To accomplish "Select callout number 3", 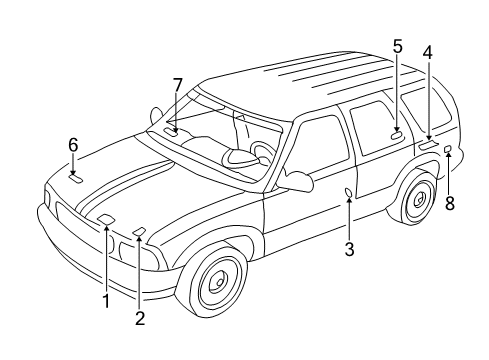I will point(349,250).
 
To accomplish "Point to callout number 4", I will point(427,51).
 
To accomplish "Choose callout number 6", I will point(73,144).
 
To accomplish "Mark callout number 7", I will point(177,85).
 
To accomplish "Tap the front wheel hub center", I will point(215,287).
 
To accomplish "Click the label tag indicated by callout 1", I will point(105,221).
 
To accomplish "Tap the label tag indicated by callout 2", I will point(138,232).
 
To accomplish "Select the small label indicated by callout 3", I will point(347,192).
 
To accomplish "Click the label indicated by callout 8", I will point(448,149).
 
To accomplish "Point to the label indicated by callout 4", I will point(428,144).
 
